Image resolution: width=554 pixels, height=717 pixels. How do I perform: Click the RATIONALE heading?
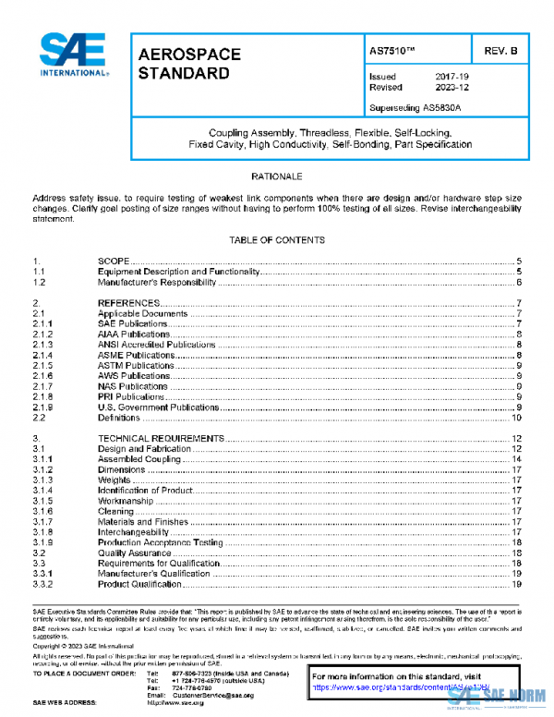click(277, 176)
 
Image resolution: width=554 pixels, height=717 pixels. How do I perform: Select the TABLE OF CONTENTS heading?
click(277, 240)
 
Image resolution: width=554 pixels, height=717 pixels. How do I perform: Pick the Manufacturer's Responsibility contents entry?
click(157, 283)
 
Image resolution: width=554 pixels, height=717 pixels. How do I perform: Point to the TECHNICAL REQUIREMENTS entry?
click(161, 438)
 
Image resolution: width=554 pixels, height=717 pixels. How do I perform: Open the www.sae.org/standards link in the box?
click(388, 688)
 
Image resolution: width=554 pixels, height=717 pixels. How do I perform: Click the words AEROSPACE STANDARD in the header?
click(189, 63)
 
